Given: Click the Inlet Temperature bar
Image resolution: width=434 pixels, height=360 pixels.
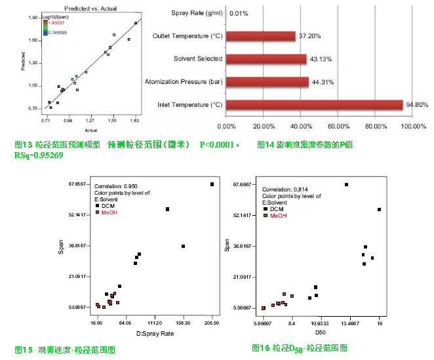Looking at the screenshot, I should (x=315, y=105).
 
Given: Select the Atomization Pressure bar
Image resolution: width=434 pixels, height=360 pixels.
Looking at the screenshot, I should (x=267, y=82).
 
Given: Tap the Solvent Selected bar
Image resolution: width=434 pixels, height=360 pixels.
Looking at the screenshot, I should (x=266, y=59).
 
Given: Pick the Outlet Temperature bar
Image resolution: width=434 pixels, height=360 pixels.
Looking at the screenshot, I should (x=261, y=36).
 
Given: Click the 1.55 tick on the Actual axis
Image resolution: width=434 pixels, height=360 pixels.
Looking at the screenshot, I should (x=113, y=121).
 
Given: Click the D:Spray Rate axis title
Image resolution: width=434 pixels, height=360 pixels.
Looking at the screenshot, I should (x=155, y=333).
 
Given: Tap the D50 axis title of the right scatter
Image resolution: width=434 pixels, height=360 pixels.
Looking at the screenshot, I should (x=321, y=333).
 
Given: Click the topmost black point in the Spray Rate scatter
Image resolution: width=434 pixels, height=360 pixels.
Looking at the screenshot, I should (x=212, y=184).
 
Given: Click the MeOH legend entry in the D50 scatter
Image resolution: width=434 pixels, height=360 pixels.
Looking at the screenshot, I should (x=279, y=215).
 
